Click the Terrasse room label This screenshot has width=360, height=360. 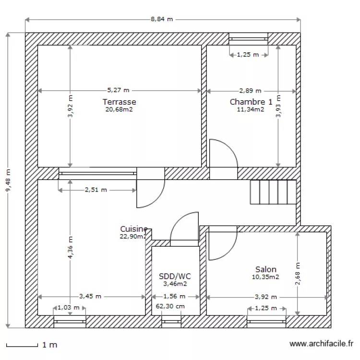click(119, 102)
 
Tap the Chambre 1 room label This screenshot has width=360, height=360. click(251, 102)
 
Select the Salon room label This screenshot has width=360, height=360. click(265, 270)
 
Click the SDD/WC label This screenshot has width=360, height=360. click(175, 276)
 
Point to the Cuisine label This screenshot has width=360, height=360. click(133, 229)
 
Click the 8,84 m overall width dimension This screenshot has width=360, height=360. click(162, 19)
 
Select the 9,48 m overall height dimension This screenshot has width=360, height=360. click(8, 180)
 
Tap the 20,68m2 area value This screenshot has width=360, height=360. click(119, 109)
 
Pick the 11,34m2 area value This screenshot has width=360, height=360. click(251, 109)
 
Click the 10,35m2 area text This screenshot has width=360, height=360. click(265, 277)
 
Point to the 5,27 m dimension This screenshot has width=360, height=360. click(119, 90)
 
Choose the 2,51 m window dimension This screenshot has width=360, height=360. click(96, 190)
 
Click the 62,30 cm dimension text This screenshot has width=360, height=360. click(170, 306)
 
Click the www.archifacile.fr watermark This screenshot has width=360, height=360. click(322, 344)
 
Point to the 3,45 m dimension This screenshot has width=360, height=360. click(90, 297)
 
